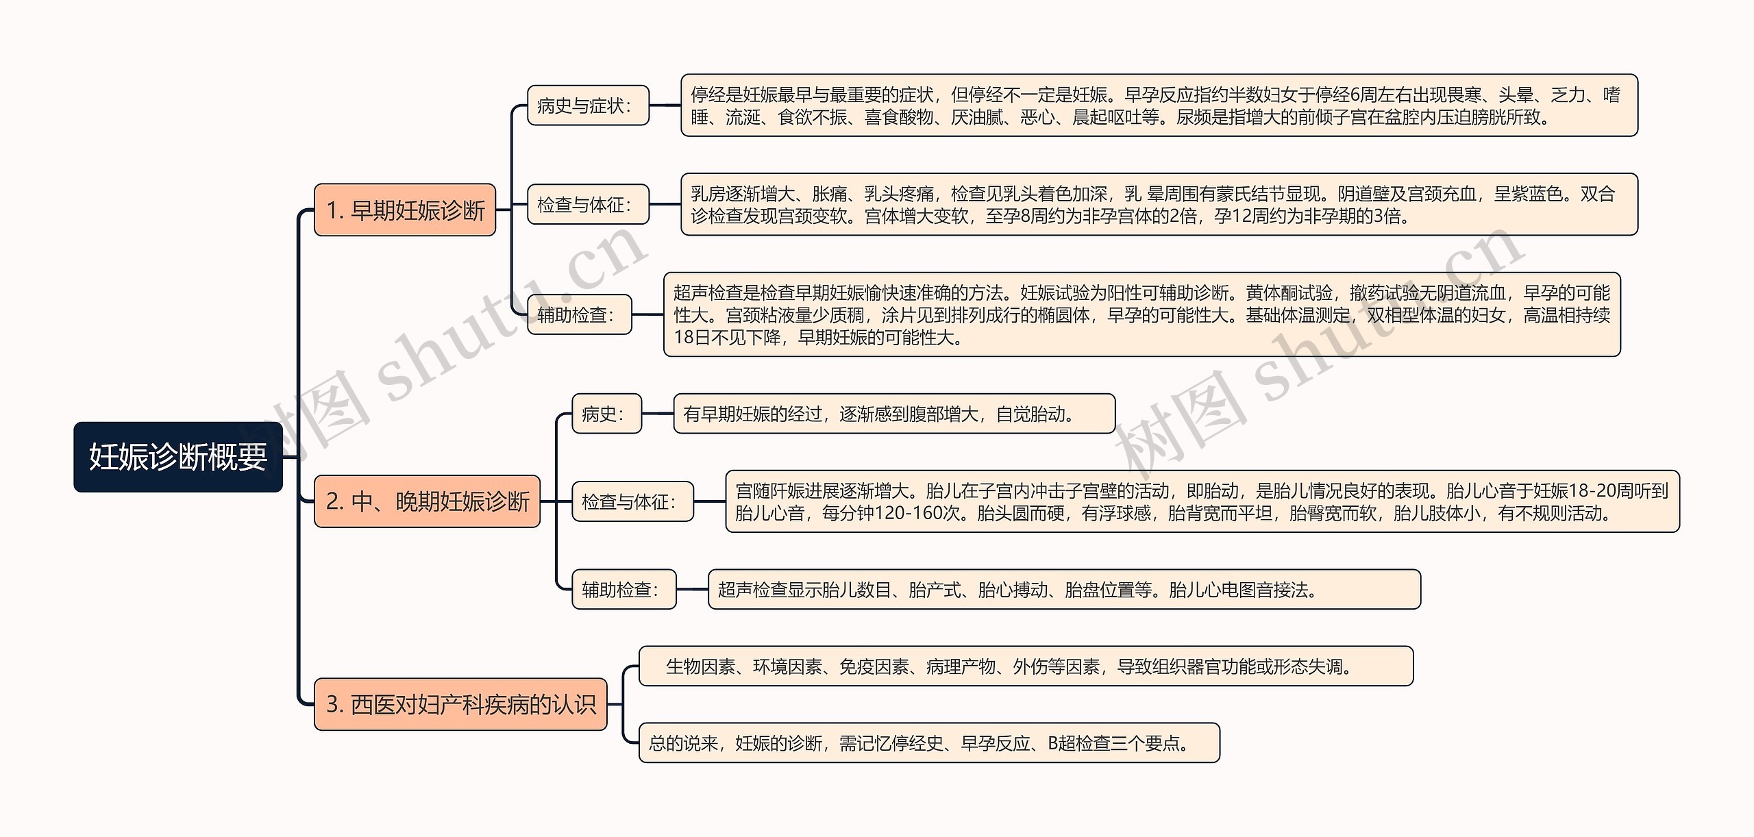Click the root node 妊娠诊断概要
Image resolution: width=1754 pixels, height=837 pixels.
point(178,457)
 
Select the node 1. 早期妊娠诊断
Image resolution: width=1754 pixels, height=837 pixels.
point(404,210)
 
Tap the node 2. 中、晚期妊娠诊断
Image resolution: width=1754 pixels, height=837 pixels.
point(427,501)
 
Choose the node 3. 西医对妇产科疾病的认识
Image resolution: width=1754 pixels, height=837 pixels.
point(460,704)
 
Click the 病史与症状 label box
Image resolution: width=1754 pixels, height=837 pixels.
point(588,105)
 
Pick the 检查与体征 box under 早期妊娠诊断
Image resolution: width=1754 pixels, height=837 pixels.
point(588,204)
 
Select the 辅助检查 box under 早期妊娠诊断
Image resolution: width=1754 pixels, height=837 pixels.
point(579,314)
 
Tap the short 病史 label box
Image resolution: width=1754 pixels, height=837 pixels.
point(606,414)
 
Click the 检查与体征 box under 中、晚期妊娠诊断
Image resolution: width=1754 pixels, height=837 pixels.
point(632,501)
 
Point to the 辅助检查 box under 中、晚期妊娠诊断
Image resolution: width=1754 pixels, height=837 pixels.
point(623,589)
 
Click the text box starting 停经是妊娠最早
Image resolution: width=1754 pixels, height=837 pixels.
point(1159,105)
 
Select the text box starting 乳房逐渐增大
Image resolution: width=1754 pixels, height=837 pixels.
point(1159,204)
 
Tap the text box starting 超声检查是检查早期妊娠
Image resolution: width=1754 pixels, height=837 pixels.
point(1141,314)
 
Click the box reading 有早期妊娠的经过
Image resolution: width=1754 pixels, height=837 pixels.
point(894,414)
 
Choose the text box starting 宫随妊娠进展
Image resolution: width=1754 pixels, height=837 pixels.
point(1202,501)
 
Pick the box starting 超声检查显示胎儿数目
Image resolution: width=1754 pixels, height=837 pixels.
point(1064,589)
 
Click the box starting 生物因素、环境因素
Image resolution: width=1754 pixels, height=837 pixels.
point(1026,666)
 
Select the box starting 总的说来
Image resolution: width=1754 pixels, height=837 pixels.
point(929,742)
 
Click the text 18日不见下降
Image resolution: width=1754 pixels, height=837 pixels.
point(728,338)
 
